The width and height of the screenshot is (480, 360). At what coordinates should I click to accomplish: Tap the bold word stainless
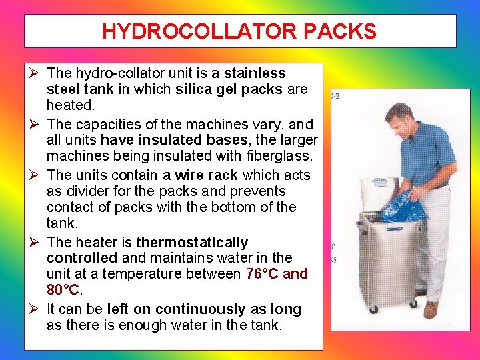point(255,73)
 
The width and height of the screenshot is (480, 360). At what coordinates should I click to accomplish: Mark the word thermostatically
point(192,242)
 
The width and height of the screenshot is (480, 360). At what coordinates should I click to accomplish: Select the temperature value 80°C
point(63,290)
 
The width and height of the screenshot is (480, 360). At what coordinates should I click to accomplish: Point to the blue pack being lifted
point(403,207)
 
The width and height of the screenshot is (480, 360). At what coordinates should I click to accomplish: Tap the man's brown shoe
point(431,309)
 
